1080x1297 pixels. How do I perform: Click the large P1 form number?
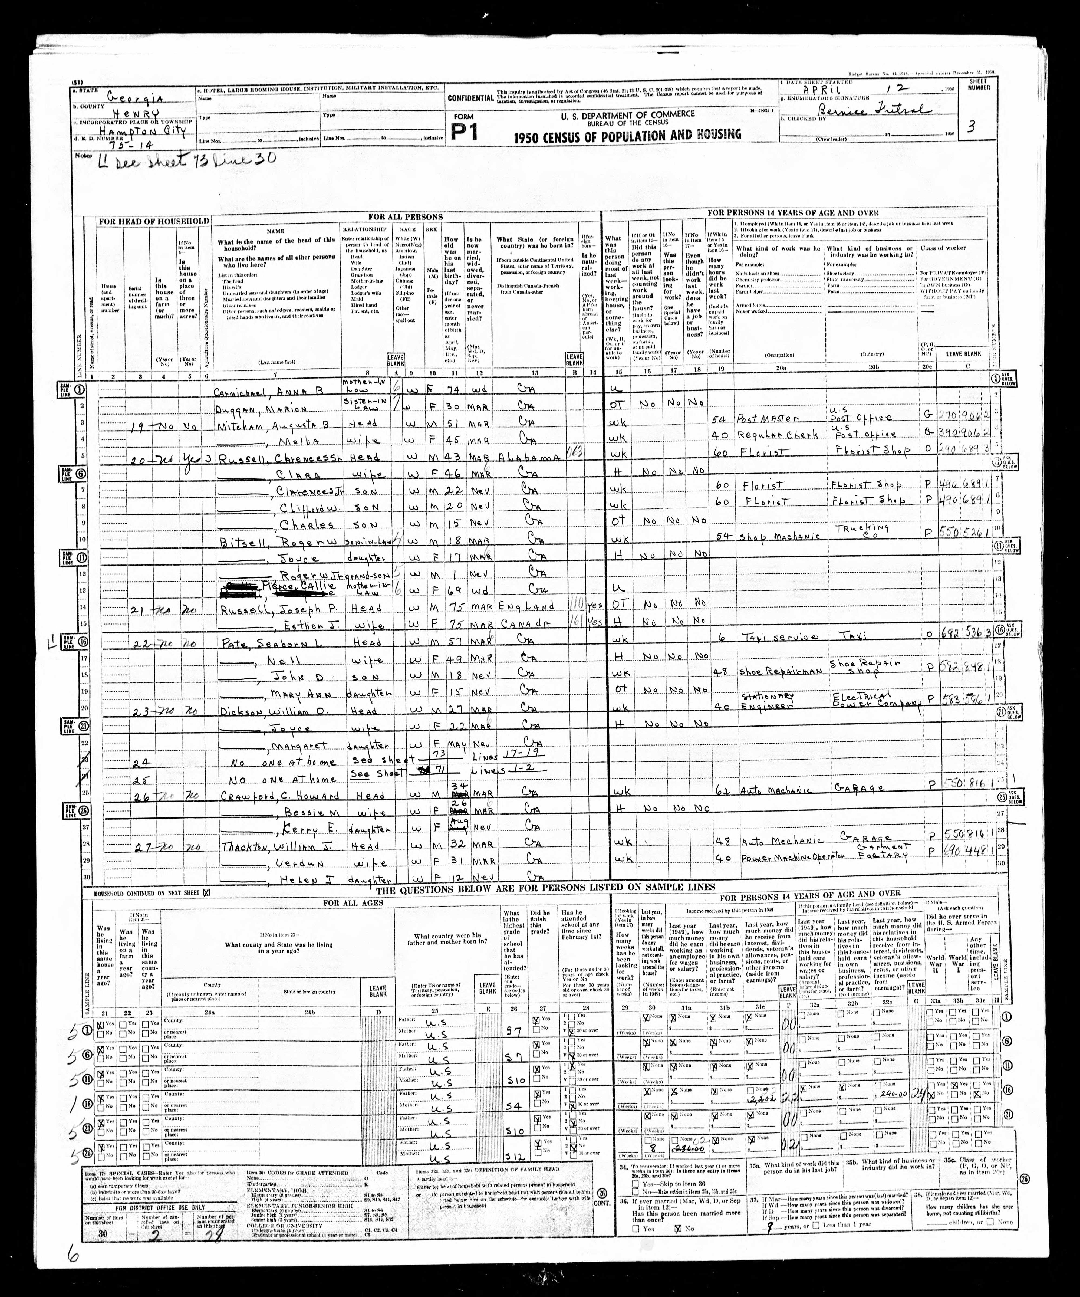464,132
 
